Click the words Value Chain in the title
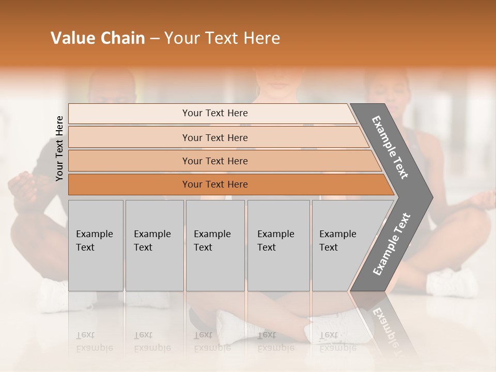(98, 38)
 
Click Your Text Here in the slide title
(222, 38)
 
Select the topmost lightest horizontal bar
(214, 113)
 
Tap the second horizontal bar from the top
(214, 137)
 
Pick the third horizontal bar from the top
(214, 161)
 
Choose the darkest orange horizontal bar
(214, 184)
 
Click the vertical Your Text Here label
(60, 148)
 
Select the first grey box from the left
(96, 245)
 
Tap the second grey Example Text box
(154, 245)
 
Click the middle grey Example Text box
(215, 245)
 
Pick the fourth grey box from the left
(278, 245)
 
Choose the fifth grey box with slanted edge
(341, 245)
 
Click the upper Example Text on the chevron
(391, 147)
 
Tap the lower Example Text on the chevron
(392, 244)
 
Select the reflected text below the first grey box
(95, 342)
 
